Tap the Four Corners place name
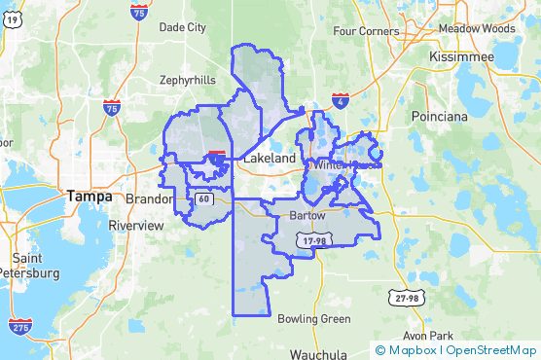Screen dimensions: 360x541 [x=366, y=31]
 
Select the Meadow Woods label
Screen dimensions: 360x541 [x=476, y=29]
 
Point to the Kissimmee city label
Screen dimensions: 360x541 [x=463, y=57]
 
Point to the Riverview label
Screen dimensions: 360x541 [x=136, y=225]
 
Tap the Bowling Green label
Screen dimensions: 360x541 [x=314, y=319]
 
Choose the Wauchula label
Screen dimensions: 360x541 [x=318, y=353]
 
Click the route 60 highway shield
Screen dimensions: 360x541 [x=203, y=199]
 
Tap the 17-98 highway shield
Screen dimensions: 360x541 [x=313, y=240]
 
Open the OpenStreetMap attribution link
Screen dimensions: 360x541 [x=492, y=350]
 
